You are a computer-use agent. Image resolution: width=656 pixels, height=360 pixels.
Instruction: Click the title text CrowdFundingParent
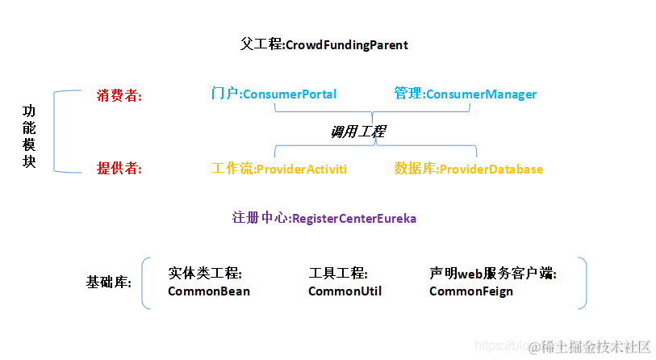(x=324, y=44)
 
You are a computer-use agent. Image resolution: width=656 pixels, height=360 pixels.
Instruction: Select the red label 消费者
(x=119, y=95)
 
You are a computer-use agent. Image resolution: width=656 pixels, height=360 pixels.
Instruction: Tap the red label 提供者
(x=119, y=169)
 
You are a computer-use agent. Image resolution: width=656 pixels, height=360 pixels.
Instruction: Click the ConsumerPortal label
(x=274, y=94)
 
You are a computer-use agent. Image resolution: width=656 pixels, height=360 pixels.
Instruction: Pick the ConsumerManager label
(x=466, y=94)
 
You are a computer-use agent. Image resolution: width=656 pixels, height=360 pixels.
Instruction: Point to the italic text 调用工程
(x=357, y=131)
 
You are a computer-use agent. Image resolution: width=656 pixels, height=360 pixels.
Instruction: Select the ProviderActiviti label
(x=278, y=169)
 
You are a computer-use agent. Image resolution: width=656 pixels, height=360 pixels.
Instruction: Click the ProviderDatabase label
(x=469, y=169)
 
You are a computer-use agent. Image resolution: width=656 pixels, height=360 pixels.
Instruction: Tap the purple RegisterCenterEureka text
(x=324, y=218)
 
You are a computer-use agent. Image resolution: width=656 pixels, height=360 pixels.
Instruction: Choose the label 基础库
(x=108, y=283)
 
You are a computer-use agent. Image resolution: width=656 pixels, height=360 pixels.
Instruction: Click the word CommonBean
(x=209, y=291)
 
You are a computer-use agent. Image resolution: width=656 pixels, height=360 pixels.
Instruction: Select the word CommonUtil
(x=345, y=291)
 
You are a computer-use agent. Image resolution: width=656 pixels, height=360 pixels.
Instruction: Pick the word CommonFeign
(x=470, y=291)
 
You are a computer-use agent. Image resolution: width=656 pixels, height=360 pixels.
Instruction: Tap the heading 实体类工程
(x=205, y=274)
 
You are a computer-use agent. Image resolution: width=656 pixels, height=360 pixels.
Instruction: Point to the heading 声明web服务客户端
(x=492, y=274)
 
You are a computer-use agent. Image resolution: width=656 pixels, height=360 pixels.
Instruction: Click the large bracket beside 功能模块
(x=56, y=132)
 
